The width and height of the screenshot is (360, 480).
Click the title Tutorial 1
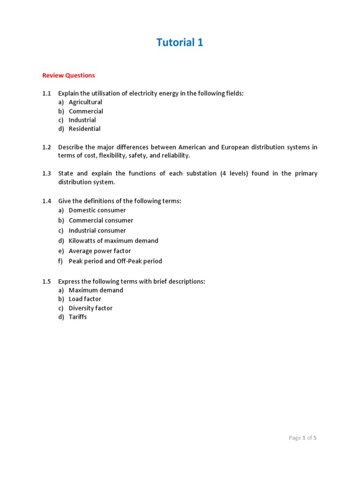click(180, 43)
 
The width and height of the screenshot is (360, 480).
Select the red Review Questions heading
click(68, 75)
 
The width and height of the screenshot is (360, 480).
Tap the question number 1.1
click(46, 93)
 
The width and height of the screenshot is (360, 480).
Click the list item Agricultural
click(85, 102)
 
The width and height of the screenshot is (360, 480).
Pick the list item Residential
click(84, 129)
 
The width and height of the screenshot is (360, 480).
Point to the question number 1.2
click(46, 147)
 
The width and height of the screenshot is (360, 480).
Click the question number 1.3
click(46, 173)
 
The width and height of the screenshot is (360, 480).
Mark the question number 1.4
click(46, 201)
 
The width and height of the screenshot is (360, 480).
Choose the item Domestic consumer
click(97, 210)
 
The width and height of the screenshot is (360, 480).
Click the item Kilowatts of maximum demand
click(113, 241)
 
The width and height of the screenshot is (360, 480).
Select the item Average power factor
click(100, 251)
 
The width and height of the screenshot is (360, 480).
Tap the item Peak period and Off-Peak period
click(115, 261)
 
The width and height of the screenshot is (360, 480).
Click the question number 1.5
click(46, 282)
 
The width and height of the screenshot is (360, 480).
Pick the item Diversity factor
click(90, 308)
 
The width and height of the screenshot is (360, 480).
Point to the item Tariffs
click(78, 317)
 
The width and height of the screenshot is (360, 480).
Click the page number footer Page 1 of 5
click(303, 438)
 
